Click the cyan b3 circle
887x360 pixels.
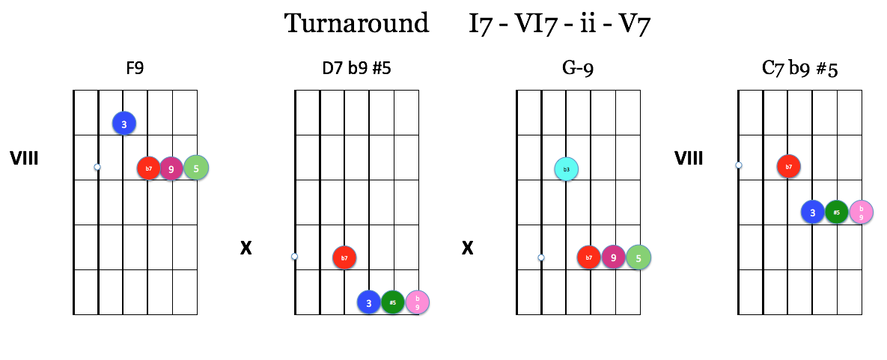566,169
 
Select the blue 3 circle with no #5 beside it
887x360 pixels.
124,123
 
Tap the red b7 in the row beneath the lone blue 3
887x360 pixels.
148,168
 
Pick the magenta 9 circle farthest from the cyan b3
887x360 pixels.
171,169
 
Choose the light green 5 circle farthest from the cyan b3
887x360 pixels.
196,168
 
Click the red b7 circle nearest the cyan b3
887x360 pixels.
588,257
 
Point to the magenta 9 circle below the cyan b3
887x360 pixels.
613,257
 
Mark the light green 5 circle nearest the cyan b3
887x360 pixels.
638,257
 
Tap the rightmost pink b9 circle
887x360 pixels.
861,212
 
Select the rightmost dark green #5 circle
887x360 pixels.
836,212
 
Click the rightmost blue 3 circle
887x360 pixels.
812,212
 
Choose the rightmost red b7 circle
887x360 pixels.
788,166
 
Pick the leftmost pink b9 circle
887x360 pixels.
417,302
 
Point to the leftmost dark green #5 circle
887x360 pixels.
392,302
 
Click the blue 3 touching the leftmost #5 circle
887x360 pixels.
368,302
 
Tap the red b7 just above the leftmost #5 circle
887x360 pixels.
344,257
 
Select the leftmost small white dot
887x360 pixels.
97,167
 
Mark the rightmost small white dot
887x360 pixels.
739,165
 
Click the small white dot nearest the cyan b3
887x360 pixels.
541,257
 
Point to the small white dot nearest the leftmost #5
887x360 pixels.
294,256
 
